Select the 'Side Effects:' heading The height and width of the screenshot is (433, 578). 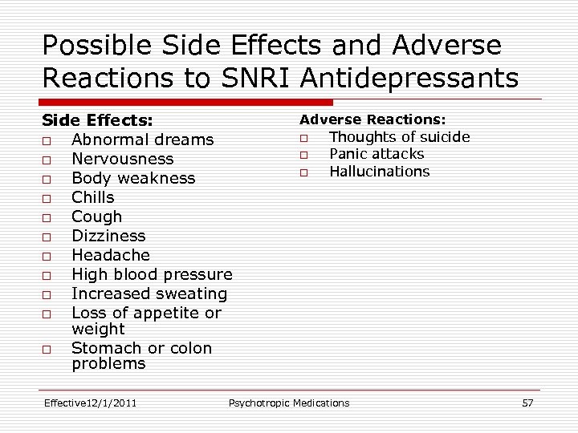point(97,120)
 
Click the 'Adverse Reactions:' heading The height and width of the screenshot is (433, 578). point(372,119)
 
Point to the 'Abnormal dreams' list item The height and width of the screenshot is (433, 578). point(142,140)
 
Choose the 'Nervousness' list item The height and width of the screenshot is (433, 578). point(122,159)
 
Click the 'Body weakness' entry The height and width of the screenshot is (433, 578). point(133,178)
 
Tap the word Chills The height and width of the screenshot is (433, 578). point(93,197)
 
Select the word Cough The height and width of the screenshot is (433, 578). point(96,216)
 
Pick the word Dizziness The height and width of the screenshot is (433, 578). point(108,236)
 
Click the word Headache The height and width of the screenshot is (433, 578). point(111,255)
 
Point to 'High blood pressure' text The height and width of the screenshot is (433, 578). point(152,274)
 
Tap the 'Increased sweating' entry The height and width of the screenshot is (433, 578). point(149,293)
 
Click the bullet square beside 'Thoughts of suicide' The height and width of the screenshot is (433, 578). point(304,138)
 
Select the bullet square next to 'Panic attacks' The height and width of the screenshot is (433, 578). point(304,155)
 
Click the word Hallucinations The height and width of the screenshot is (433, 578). point(379,172)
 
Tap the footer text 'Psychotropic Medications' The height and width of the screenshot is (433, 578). point(289,403)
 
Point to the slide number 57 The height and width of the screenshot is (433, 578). point(527,403)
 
